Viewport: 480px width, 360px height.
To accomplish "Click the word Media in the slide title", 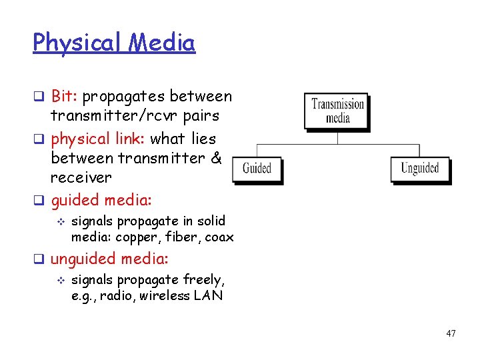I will click(162, 43).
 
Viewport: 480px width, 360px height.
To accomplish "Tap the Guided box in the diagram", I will click(257, 168).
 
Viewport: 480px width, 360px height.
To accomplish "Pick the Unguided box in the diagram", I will click(419, 168).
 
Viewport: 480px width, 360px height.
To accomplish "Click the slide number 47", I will click(451, 333).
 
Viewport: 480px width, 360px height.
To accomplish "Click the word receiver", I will click(81, 178).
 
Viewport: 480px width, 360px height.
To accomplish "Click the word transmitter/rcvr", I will click(107, 116).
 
